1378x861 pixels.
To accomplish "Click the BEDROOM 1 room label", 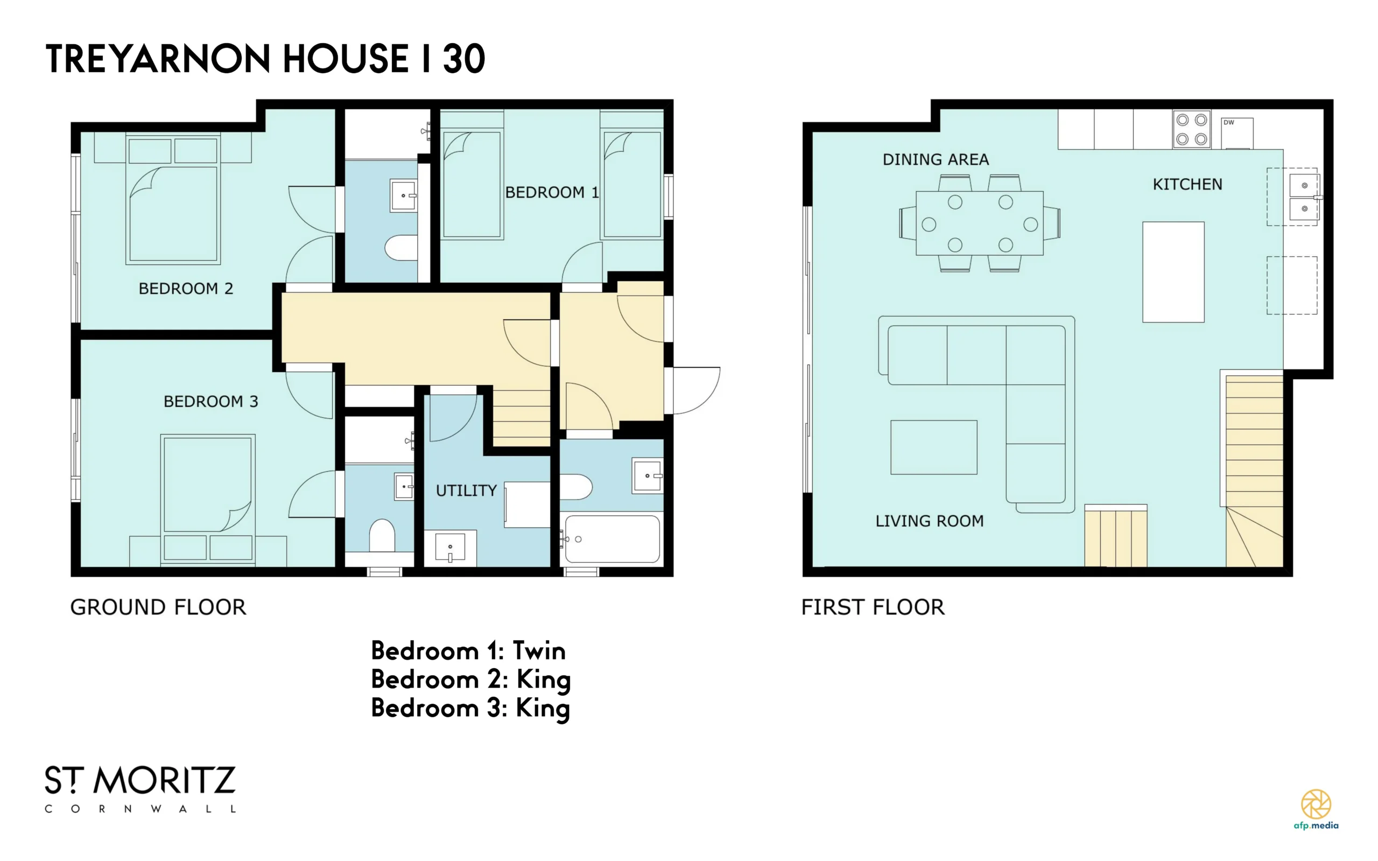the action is pyautogui.click(x=552, y=192).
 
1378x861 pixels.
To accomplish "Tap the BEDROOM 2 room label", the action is pyautogui.click(x=186, y=289).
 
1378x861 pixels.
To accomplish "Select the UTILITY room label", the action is pyautogui.click(x=466, y=491).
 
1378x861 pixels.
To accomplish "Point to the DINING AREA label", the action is pyautogui.click(x=935, y=159).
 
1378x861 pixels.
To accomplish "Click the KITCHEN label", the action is pyautogui.click(x=1187, y=185).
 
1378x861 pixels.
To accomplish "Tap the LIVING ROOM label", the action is pyautogui.click(x=929, y=521).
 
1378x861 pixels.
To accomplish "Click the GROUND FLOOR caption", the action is pyautogui.click(x=158, y=607).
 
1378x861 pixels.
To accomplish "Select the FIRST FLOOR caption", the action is pyautogui.click(x=873, y=607).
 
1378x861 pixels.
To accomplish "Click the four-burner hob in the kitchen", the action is pyautogui.click(x=1191, y=129).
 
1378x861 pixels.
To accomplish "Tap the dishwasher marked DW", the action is pyautogui.click(x=1237, y=133).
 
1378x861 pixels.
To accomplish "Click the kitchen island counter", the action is pyautogui.click(x=1173, y=272).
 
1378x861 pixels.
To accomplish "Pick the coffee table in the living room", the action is pyautogui.click(x=933, y=447).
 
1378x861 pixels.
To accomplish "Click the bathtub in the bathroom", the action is pyautogui.click(x=613, y=538).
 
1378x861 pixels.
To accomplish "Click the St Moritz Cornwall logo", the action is pyautogui.click(x=140, y=789).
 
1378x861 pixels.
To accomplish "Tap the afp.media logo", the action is pyautogui.click(x=1316, y=809).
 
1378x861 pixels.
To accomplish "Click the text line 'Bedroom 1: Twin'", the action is pyautogui.click(x=468, y=651).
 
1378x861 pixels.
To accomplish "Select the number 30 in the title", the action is pyautogui.click(x=464, y=59).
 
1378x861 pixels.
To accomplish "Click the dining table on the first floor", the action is pyautogui.click(x=979, y=223).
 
